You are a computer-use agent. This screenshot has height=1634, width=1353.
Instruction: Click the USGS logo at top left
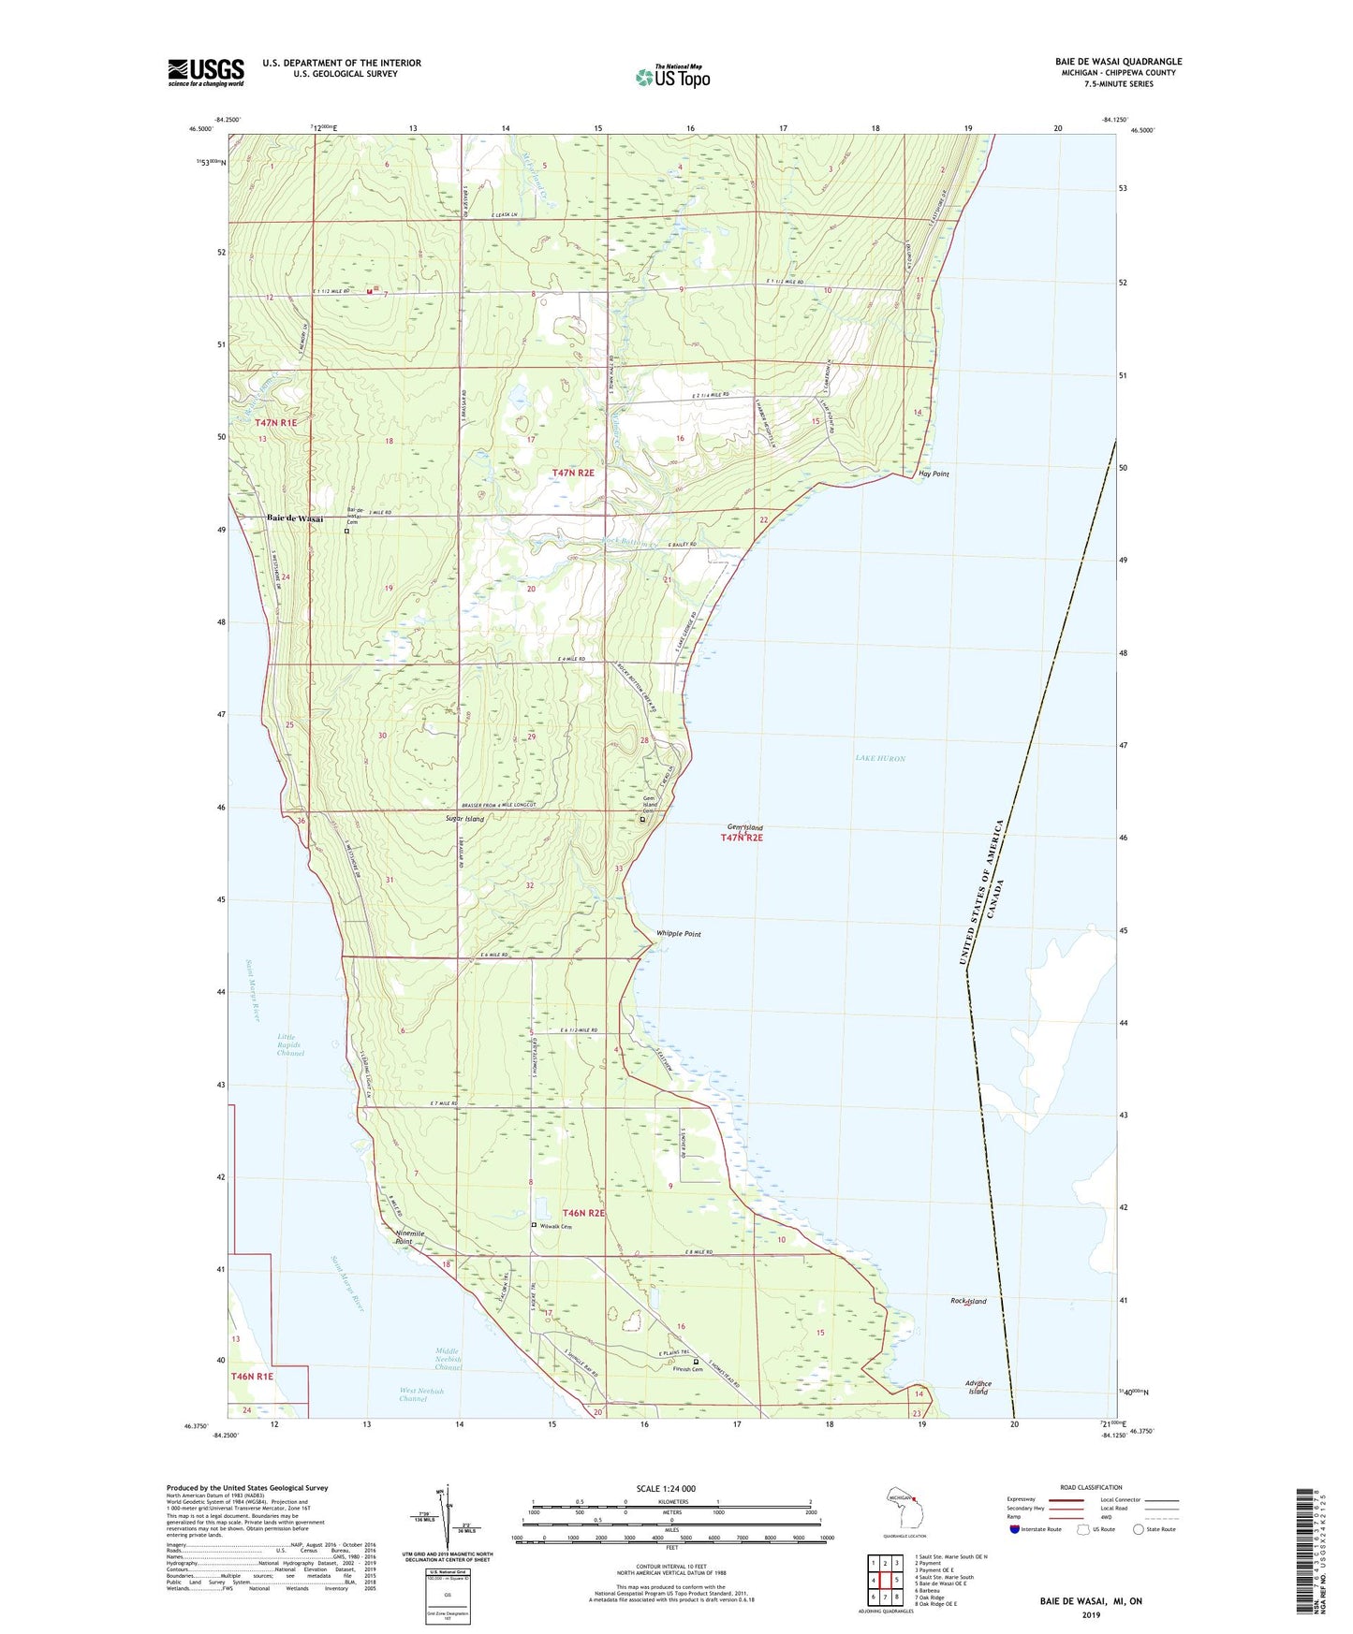206,72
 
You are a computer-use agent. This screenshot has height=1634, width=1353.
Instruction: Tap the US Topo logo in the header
672,77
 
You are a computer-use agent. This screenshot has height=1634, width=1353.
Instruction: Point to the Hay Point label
934,474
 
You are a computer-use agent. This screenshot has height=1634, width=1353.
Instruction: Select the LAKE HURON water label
879,758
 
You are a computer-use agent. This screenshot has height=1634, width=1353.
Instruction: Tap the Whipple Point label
678,934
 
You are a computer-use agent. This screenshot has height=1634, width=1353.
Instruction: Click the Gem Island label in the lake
745,827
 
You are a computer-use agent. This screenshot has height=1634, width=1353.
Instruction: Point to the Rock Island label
968,1301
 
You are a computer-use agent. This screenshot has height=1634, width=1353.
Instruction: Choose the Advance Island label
978,1388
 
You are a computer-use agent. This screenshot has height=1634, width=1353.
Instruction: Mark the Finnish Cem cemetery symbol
695,1362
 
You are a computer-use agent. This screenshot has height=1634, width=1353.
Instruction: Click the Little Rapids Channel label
290,1044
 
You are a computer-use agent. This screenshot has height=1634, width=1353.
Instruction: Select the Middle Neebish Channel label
449,1359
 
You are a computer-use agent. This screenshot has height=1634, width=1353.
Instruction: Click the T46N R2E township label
583,1213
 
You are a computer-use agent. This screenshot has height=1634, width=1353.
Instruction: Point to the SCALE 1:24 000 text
666,1488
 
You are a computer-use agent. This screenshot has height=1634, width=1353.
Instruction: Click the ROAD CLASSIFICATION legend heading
1091,1487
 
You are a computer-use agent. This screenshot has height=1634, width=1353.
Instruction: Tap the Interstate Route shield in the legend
1016,1529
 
